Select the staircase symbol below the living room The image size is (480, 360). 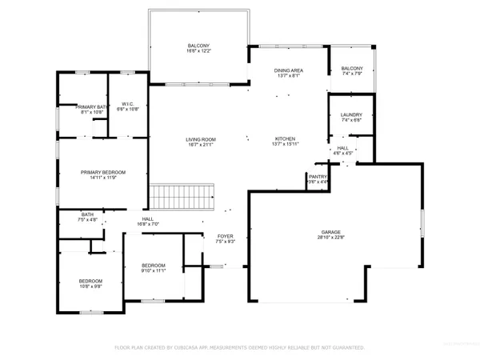pos(183,195)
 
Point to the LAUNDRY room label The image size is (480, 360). pos(351,114)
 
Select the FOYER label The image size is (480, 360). pos(225,236)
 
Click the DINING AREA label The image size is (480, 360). pos(288,70)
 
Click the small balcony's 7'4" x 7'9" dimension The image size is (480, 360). pos(352,74)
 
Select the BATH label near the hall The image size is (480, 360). pos(87,214)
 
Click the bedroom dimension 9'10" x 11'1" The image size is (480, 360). pos(153,271)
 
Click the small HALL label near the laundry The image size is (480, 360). pos(342,148)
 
